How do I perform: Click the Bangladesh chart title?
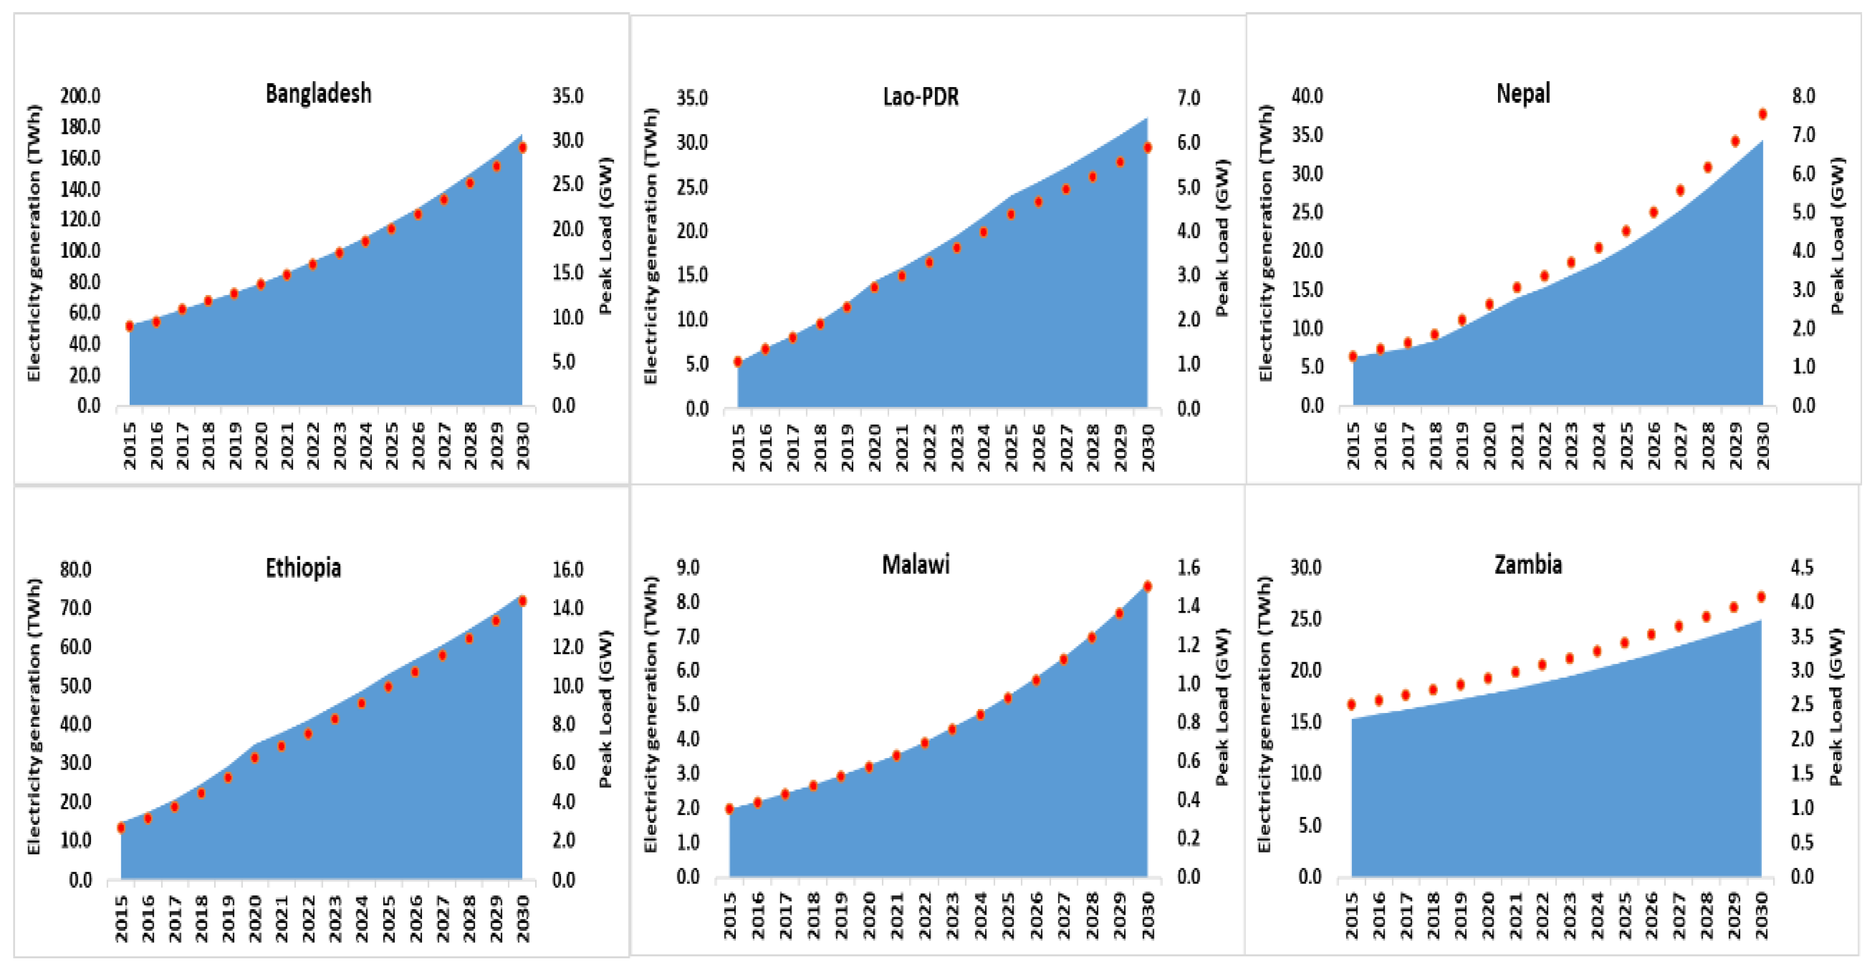pos(318,94)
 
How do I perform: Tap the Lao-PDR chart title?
pos(920,96)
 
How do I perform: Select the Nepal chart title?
pos(1523,94)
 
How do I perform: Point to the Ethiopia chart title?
pos(303,567)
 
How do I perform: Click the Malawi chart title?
pos(915,564)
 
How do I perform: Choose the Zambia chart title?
pos(1527,564)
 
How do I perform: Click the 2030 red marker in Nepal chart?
pos(1762,114)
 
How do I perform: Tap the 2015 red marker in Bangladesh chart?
pos(130,326)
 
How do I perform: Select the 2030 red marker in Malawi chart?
pos(1147,586)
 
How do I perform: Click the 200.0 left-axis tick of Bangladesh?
pos(80,96)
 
